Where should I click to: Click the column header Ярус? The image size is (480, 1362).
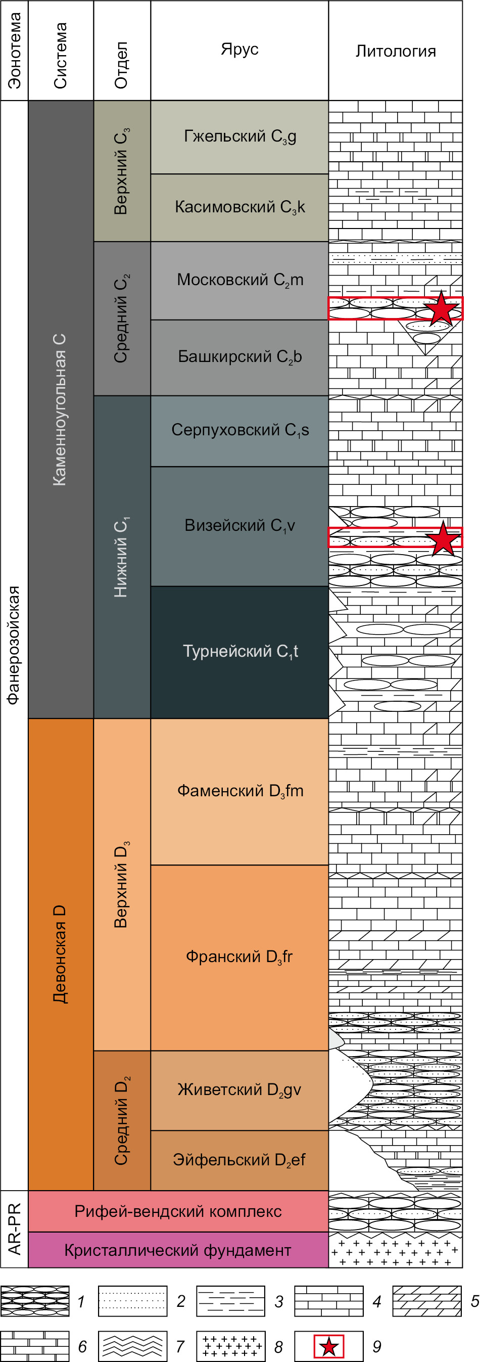pos(239,49)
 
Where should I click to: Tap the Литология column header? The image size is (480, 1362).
pos(396,51)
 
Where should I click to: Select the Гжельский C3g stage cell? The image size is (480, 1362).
pos(239,137)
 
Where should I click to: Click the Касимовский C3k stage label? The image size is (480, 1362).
pos(240,207)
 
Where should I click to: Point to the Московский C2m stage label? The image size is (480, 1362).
pos(240,280)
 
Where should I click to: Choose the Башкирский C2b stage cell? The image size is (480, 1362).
pos(239,357)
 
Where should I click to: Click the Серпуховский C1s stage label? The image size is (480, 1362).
pos(240,430)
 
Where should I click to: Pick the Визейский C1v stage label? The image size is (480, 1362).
pos(239,526)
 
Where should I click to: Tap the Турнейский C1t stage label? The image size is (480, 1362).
pos(240,651)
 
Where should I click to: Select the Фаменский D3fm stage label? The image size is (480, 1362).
pos(240,791)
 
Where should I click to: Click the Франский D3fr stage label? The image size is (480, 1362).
pos(239,957)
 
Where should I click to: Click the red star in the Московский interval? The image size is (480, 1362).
pos(441,308)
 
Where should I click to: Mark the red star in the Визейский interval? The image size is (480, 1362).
pos(443,538)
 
